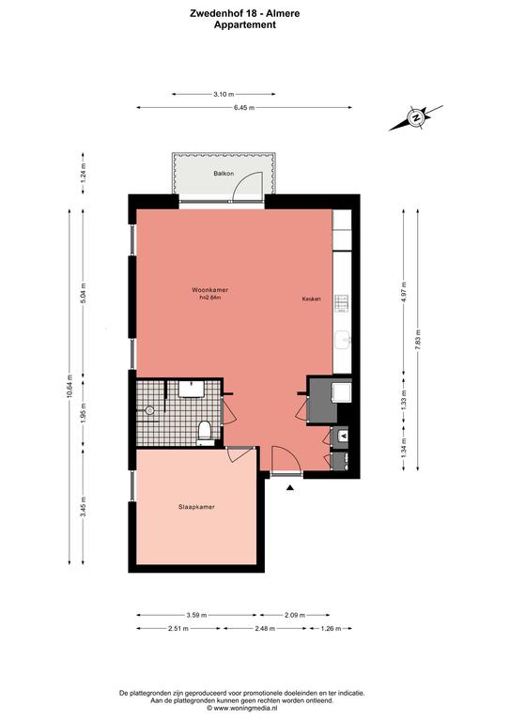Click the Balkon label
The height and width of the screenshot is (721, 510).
click(x=224, y=174)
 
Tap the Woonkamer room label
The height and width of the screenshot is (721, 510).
click(x=209, y=290)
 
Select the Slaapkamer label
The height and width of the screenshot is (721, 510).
click(x=196, y=507)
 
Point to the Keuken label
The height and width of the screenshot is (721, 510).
click(x=311, y=299)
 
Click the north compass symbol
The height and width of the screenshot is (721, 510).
click(x=416, y=117)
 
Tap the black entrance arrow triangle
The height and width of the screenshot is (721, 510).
click(x=290, y=488)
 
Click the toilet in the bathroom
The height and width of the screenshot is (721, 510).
click(x=204, y=432)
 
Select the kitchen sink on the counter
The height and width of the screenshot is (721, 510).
click(x=343, y=341)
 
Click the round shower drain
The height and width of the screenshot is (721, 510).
click(x=149, y=411)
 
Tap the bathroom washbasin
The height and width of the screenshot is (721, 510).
click(x=192, y=389)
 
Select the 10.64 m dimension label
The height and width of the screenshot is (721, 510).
click(x=70, y=385)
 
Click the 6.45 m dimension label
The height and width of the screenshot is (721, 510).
click(x=244, y=108)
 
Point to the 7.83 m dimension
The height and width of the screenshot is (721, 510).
click(x=418, y=340)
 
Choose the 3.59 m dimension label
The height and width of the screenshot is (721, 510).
click(x=196, y=615)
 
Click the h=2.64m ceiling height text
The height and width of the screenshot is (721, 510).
click(x=210, y=298)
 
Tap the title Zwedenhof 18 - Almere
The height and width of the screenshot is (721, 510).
click(x=244, y=13)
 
